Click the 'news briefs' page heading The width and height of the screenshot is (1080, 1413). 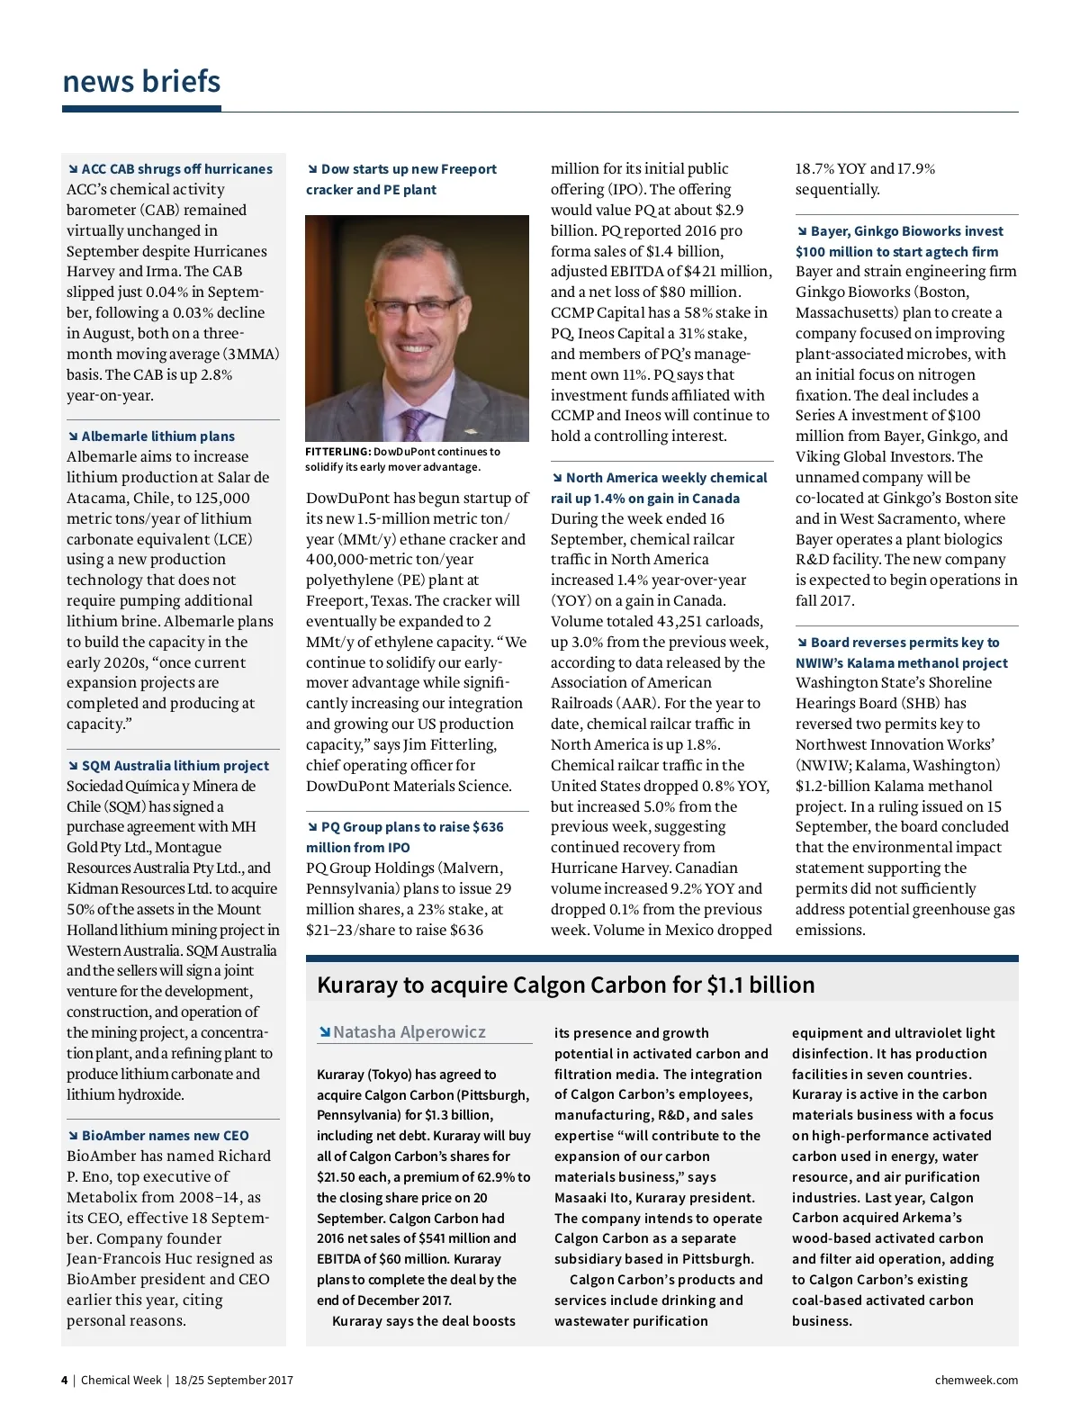(x=141, y=82)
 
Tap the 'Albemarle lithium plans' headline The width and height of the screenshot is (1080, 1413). (x=157, y=436)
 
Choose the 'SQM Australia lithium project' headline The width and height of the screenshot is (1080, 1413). (x=175, y=766)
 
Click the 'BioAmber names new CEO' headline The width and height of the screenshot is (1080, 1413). (x=165, y=1136)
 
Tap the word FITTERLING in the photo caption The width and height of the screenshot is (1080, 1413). (x=337, y=452)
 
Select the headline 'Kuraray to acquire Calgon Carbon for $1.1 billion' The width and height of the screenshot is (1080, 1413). (x=565, y=985)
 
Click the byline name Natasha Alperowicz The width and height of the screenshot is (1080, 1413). (x=409, y=1032)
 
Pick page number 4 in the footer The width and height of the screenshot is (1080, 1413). (x=64, y=1381)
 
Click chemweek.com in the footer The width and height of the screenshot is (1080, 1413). (x=976, y=1381)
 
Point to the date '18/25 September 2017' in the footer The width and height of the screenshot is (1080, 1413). (x=234, y=1381)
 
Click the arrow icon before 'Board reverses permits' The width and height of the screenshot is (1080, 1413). (x=802, y=643)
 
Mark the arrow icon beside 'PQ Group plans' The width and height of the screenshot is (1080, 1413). (x=312, y=827)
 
